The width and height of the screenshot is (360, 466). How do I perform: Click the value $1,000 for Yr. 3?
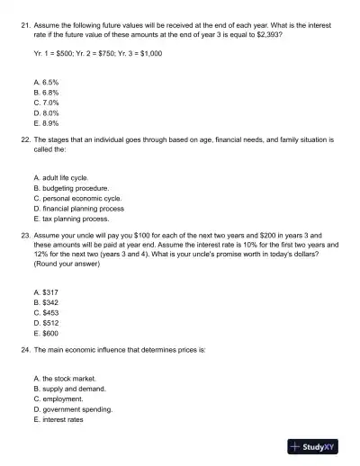click(146, 52)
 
